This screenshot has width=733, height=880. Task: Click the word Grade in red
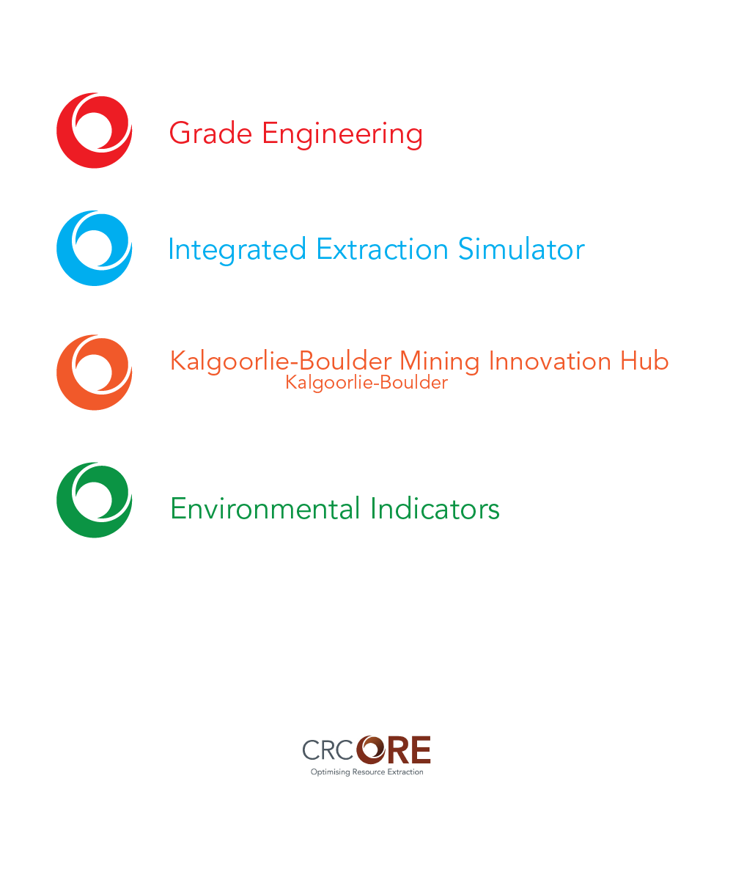tap(210, 133)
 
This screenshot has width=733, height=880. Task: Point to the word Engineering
tap(342, 134)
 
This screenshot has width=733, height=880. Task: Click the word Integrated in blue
tap(237, 249)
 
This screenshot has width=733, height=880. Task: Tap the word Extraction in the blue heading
tap(382, 249)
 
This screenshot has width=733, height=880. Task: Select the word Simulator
tap(521, 249)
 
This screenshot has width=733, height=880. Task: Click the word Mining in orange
tap(439, 362)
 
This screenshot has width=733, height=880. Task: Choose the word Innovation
tap(550, 361)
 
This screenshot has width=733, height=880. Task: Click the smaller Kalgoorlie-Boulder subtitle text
tap(366, 383)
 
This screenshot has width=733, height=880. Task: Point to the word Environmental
tap(265, 509)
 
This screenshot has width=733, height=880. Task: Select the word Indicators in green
tap(435, 508)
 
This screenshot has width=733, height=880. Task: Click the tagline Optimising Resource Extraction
tap(367, 771)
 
